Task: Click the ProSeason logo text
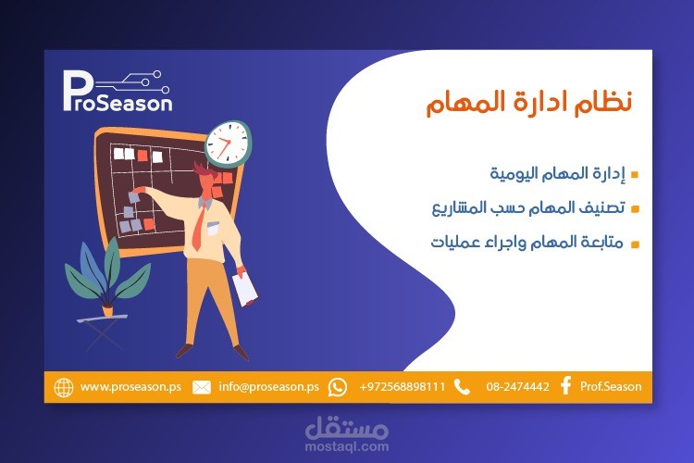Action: click(118, 95)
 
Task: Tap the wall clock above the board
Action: click(228, 144)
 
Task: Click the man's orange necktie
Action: click(198, 227)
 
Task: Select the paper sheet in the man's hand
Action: click(245, 288)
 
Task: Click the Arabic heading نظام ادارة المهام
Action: click(528, 102)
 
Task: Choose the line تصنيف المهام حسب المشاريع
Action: click(530, 208)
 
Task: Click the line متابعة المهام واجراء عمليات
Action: click(528, 244)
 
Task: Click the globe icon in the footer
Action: click(64, 387)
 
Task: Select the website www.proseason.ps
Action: click(130, 387)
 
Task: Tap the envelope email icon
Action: click(201, 387)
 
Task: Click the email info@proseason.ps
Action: click(268, 387)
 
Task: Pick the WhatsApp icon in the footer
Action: click(338, 387)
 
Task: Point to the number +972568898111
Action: click(403, 387)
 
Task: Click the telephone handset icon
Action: click(463, 387)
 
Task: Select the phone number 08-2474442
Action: click(517, 387)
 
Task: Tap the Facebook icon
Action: click(565, 387)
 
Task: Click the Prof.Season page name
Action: click(611, 387)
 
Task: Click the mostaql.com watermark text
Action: click(347, 445)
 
